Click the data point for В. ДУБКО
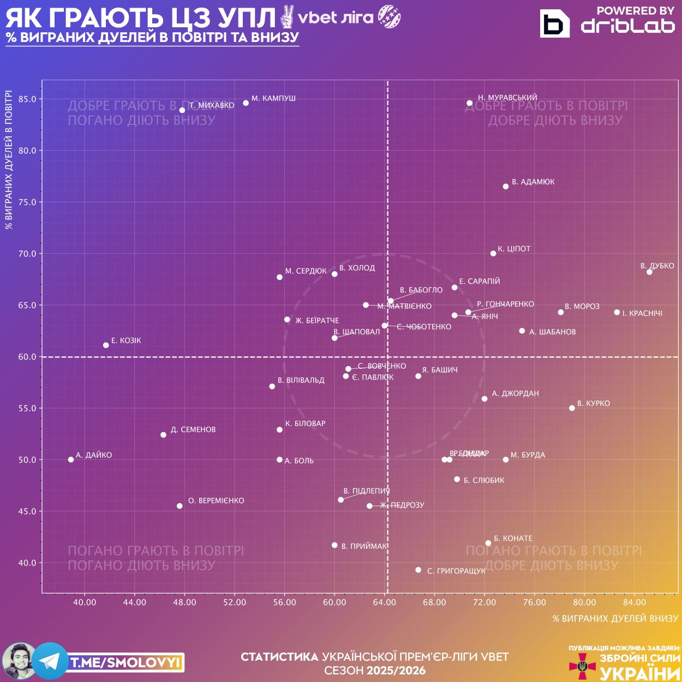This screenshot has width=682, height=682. pos(649,272)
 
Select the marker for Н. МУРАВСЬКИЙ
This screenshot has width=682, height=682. pos(469,103)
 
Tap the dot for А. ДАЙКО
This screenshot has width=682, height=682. pos(71,459)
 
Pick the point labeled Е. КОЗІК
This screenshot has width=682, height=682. pos(106,345)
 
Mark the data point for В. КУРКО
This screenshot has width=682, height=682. pos(572,408)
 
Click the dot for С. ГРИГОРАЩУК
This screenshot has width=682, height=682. pos(418,570)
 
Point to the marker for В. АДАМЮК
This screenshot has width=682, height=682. pos(506,187)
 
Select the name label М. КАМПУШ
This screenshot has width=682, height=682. pos(273,98)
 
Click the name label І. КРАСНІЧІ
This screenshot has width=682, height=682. pos(642,313)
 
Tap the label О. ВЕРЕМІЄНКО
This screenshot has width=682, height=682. pos(216,500)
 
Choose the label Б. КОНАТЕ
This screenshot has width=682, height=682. pos(513,538)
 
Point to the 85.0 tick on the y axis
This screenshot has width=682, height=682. pos(27,99)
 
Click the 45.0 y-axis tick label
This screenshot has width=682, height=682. pos(27,511)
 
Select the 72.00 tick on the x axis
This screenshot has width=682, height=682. pos(484,602)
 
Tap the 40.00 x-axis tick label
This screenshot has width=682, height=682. pos(85,602)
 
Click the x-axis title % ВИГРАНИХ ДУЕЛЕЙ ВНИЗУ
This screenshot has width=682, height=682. pos(615,618)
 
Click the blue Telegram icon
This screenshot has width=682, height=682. pos(50,661)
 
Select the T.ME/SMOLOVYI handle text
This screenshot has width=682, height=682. pos(125,662)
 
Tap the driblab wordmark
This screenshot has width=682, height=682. pos(627,26)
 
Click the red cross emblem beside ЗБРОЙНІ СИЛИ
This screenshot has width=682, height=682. pos(583,666)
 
